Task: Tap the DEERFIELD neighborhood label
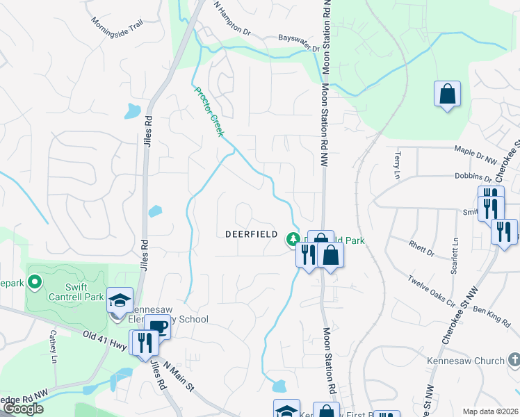tap(252, 234)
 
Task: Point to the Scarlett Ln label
tap(456, 254)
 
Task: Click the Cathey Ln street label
tap(53, 347)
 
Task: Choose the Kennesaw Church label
tap(475, 361)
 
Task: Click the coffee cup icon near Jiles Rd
tap(158, 327)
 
